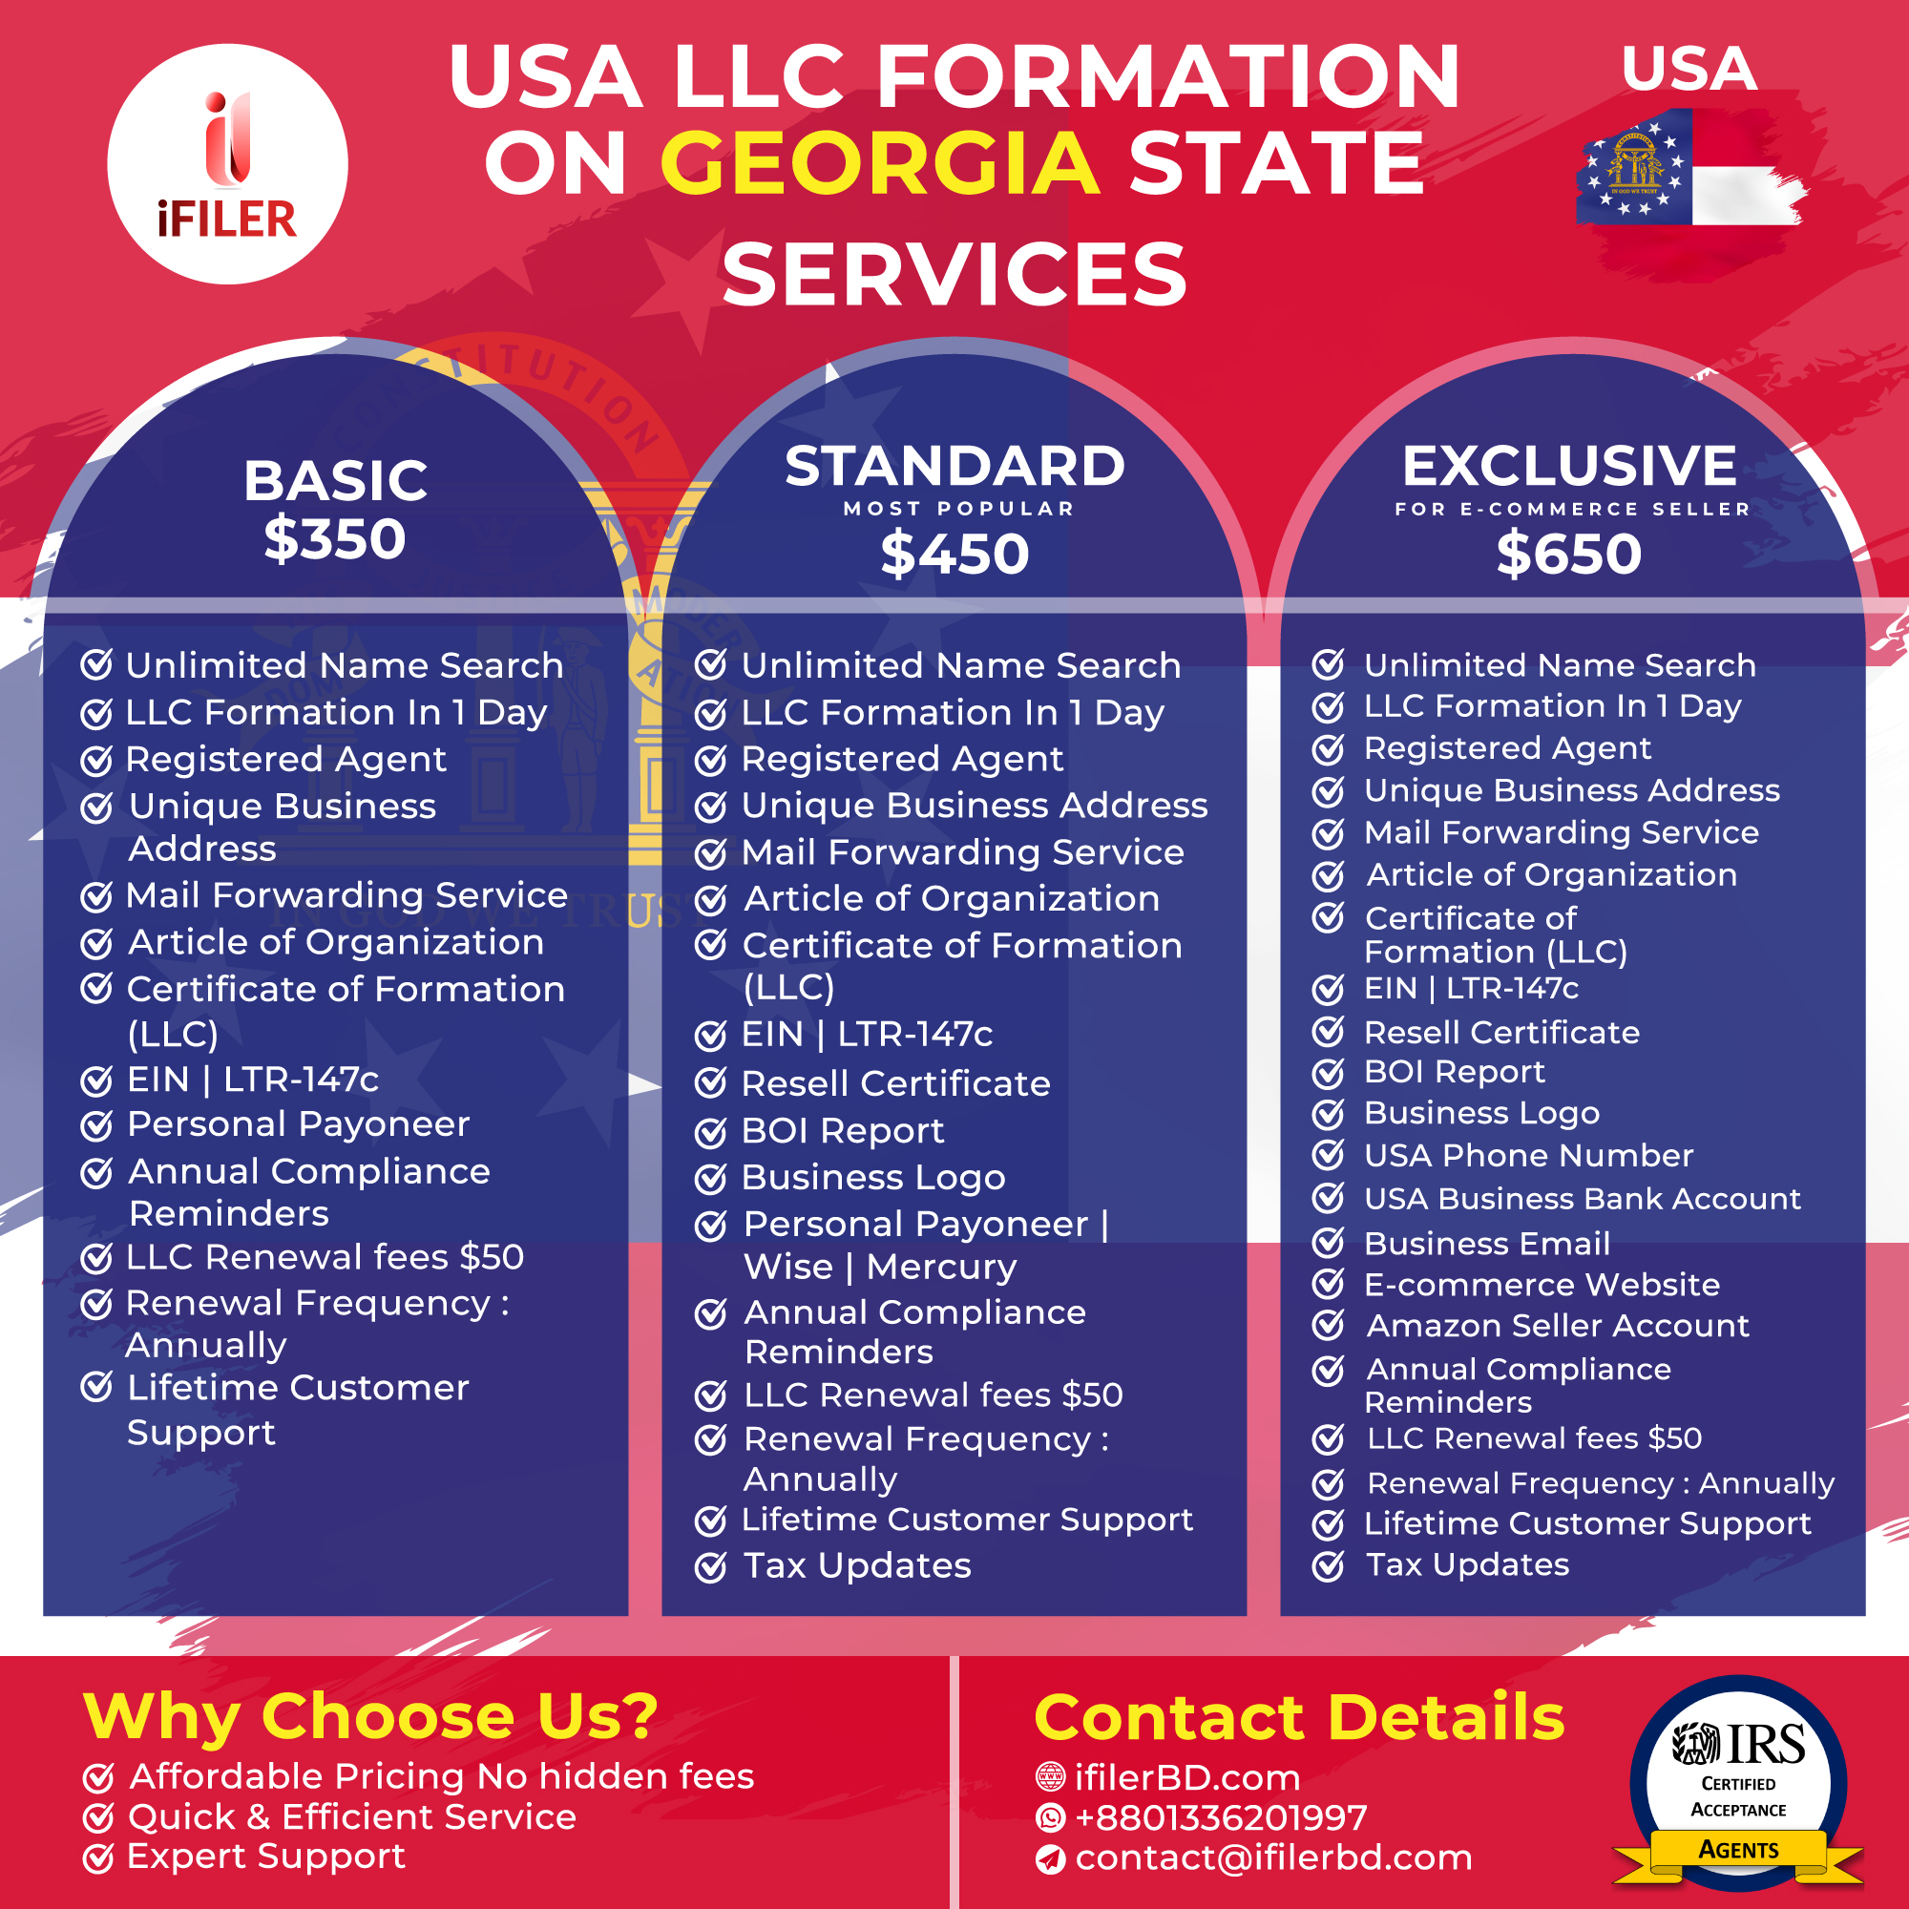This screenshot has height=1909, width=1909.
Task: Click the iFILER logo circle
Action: tap(227, 164)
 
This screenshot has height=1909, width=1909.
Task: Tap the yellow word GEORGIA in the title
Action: tap(879, 163)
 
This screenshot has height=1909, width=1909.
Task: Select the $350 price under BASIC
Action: tap(335, 539)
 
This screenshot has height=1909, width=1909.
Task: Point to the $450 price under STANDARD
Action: tap(954, 554)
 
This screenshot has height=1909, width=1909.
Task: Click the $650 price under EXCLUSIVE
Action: tap(1569, 554)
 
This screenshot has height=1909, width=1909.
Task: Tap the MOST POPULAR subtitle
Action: tap(958, 509)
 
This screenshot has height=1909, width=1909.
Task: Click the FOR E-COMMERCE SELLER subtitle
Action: tap(1572, 509)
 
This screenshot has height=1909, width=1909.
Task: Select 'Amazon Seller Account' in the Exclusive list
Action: tap(1557, 1325)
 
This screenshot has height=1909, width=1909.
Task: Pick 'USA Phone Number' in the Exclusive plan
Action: tap(1528, 1155)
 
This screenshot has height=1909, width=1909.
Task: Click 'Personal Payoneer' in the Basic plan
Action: tap(299, 1124)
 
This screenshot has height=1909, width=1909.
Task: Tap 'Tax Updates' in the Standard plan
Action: tap(857, 1565)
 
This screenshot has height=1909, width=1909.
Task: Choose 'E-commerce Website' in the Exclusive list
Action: tap(1542, 1284)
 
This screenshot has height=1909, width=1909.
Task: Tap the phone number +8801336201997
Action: tap(1222, 1817)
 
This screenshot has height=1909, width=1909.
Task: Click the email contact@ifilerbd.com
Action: tap(1273, 1857)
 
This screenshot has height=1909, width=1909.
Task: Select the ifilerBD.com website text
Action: tap(1187, 1777)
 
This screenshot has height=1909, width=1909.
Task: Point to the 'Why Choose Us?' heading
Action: tap(370, 1716)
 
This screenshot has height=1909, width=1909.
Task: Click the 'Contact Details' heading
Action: tap(1299, 1716)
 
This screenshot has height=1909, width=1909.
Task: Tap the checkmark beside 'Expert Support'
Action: tap(97, 1858)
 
